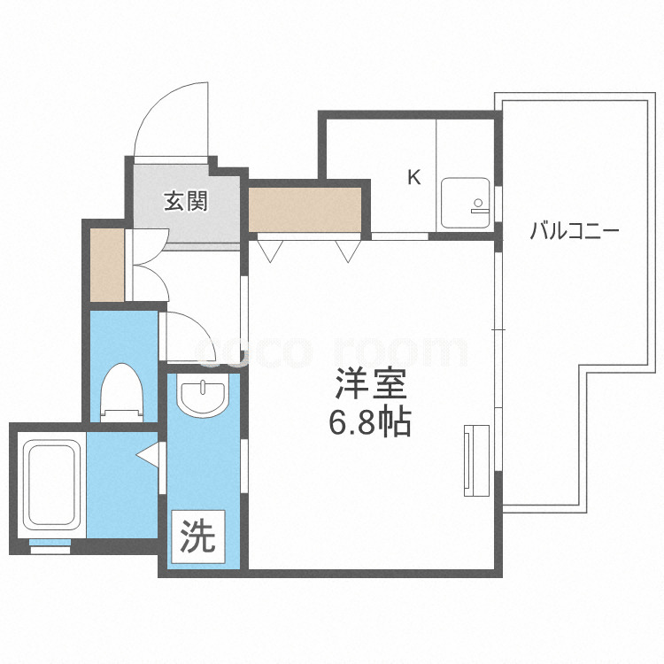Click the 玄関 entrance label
coord(185,202)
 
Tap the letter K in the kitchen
coord(413,177)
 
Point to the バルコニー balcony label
coord(575,232)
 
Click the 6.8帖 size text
coord(370,423)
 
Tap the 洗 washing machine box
coord(198,537)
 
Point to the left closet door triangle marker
coord(271,251)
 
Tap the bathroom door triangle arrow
coord(148,455)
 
